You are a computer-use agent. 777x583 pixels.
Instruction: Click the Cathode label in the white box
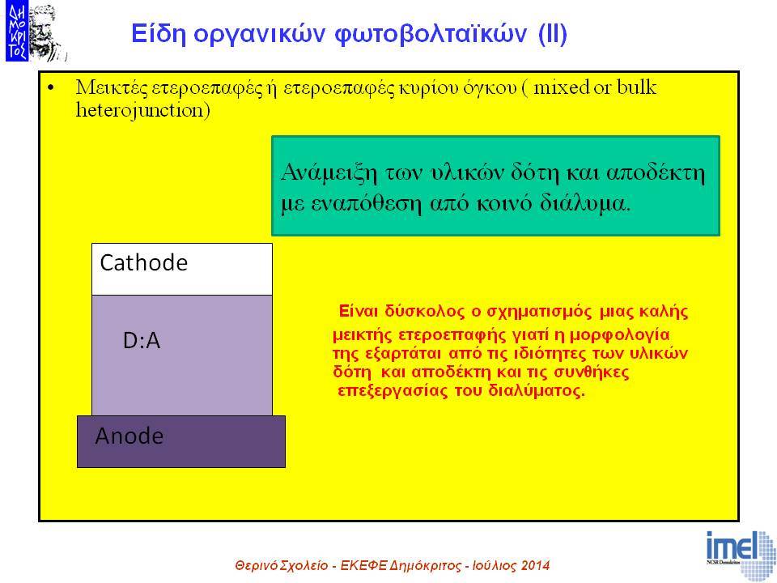coord(144,262)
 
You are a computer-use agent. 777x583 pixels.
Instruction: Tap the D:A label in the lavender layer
coord(142,341)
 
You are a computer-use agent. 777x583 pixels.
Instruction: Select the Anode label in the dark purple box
coord(129,436)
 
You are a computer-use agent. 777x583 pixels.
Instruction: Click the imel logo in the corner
coord(741,555)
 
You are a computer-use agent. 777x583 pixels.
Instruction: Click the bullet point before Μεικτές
coord(50,88)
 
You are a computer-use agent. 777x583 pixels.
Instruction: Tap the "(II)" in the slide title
coord(553,34)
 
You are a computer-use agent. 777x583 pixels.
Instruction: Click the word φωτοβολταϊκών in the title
coord(431,34)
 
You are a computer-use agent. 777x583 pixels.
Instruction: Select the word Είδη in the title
coord(159,34)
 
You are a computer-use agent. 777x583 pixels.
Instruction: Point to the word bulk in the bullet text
coord(637,87)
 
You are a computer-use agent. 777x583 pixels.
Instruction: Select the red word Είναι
coord(359,311)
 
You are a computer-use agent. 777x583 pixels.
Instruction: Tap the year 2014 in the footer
coord(535,565)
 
